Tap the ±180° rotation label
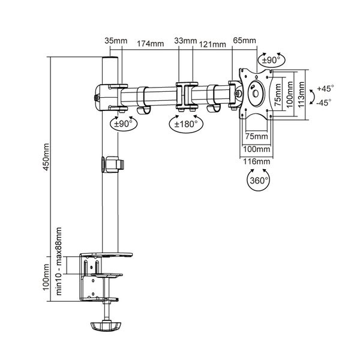coord(185,125)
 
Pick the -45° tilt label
coord(326,102)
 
